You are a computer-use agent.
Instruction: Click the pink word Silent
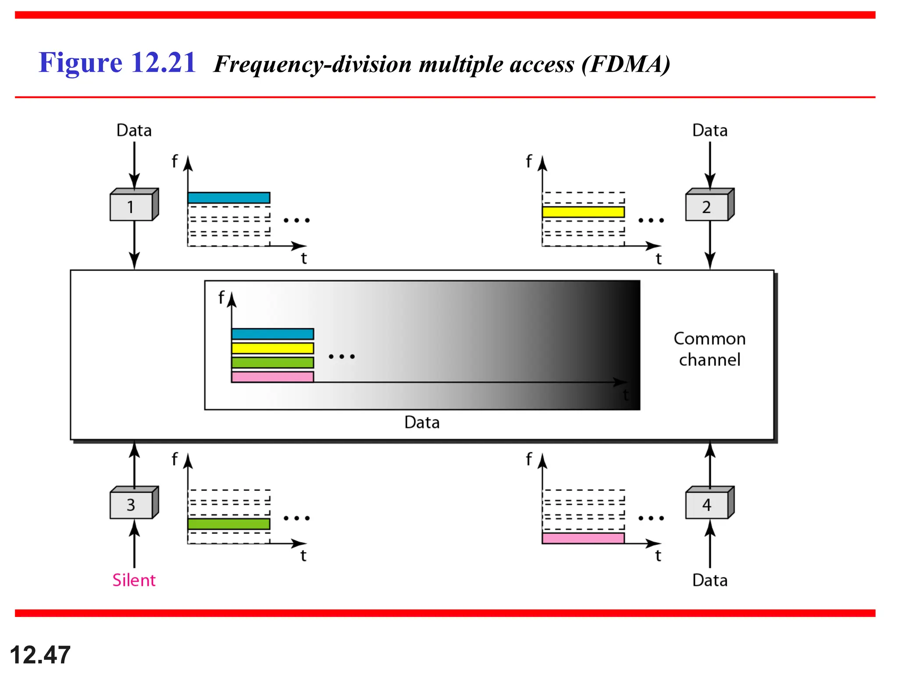pyautogui.click(x=134, y=580)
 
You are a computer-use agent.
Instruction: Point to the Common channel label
pyautogui.click(x=709, y=349)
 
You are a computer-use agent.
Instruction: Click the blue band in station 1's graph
pyautogui.click(x=228, y=198)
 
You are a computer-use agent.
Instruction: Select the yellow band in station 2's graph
pyautogui.click(x=583, y=212)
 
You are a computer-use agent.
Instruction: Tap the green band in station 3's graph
pyautogui.click(x=228, y=524)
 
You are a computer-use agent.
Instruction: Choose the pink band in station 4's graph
pyautogui.click(x=583, y=538)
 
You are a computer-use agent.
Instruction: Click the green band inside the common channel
pyautogui.click(x=272, y=362)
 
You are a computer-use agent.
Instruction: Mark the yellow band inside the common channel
pyautogui.click(x=272, y=348)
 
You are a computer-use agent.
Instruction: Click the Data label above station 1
pyautogui.click(x=134, y=131)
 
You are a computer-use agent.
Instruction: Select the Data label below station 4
pyautogui.click(x=709, y=580)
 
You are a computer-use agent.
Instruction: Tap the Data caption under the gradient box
pyautogui.click(x=422, y=422)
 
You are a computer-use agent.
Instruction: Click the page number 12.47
pyautogui.click(x=40, y=655)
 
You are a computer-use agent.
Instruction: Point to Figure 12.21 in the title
pyautogui.click(x=117, y=63)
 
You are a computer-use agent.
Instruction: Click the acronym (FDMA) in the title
pyautogui.click(x=626, y=64)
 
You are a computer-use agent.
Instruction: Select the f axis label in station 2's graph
pyautogui.click(x=529, y=161)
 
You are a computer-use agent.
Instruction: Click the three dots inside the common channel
pyautogui.click(x=342, y=357)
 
